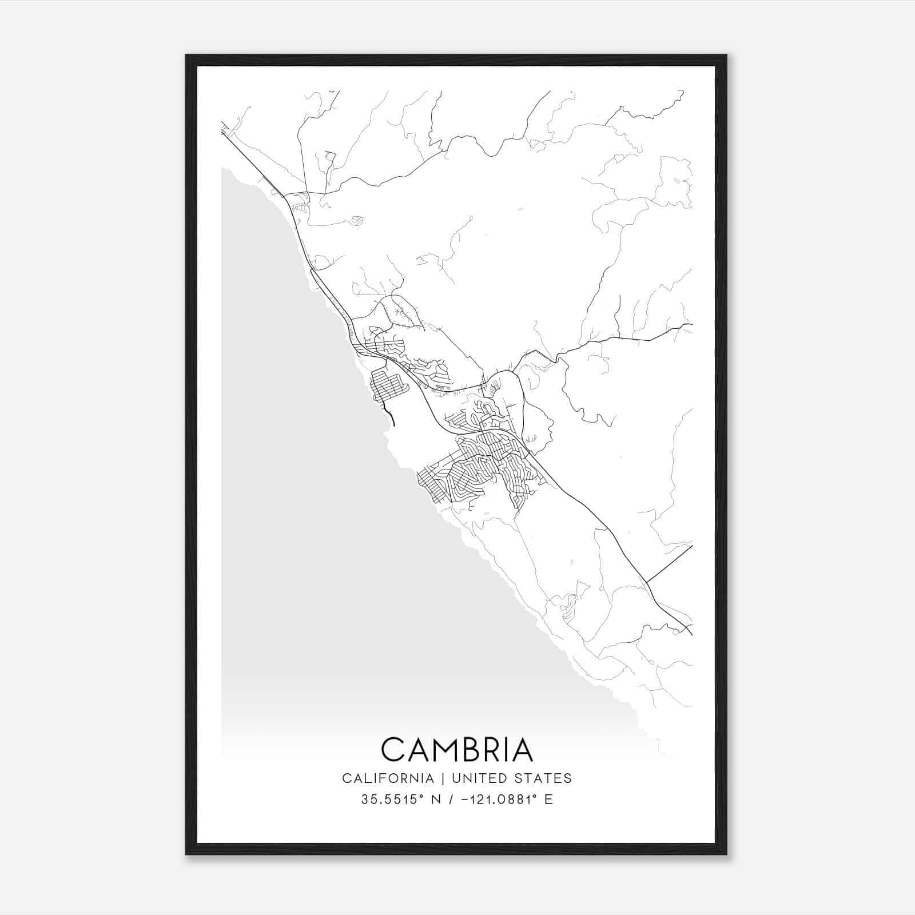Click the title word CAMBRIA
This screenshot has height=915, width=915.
pos(457,750)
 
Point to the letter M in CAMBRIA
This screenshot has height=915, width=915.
pos(448,750)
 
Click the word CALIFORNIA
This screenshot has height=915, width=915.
pos(388,778)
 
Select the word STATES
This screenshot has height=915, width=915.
pos(543,778)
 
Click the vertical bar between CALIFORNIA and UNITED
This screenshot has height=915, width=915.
pos(442,778)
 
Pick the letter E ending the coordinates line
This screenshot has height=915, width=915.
pos(549,799)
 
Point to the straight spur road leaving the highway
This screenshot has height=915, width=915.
pos(669,564)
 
